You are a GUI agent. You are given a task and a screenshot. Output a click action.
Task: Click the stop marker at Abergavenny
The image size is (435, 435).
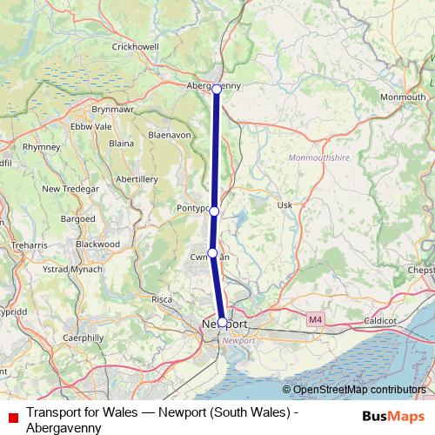point(217,89)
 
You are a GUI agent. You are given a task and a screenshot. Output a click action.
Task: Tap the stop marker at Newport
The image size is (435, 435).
point(222,322)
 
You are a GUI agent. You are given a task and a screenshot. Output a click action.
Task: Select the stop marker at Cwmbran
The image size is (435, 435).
point(212,253)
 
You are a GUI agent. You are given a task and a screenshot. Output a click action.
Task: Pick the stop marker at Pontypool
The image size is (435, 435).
point(214,211)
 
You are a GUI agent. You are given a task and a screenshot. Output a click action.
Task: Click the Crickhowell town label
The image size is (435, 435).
point(136,46)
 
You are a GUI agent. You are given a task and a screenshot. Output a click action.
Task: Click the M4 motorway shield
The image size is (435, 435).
point(313,321)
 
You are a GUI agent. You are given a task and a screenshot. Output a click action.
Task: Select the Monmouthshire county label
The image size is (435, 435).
point(317,158)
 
